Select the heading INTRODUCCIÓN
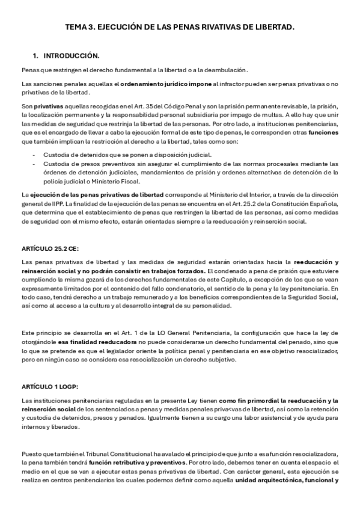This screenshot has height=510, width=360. pos(71,56)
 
